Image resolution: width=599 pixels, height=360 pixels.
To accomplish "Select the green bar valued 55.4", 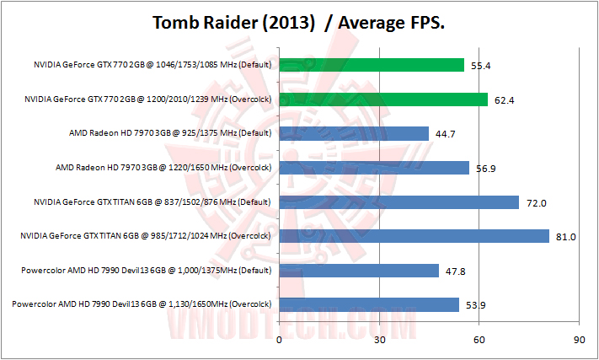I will pyautogui.click(x=372, y=65).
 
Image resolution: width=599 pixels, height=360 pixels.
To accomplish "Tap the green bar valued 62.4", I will pyautogui.click(x=383, y=99).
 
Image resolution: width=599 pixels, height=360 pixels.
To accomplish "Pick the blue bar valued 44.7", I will pyautogui.click(x=354, y=133).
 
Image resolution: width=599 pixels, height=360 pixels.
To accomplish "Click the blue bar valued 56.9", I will pyautogui.click(x=374, y=168).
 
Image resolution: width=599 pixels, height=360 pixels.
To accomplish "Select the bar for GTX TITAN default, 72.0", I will pyautogui.click(x=399, y=202).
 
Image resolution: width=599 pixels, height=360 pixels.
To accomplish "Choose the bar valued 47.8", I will pyautogui.click(x=359, y=271).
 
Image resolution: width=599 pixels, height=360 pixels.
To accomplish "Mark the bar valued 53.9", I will pyautogui.click(x=369, y=304).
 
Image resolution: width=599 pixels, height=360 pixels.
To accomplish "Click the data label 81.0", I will pyautogui.click(x=565, y=237).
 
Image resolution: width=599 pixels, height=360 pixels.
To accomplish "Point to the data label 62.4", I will pyautogui.click(x=504, y=99).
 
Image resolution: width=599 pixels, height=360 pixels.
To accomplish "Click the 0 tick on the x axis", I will pyautogui.click(x=279, y=340).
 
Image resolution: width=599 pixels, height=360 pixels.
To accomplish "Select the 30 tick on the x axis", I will pyautogui.click(x=379, y=340).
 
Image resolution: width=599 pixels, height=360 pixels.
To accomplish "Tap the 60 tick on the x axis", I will pyautogui.click(x=479, y=340).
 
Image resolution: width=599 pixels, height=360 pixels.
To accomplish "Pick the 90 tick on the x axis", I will pyautogui.click(x=579, y=340).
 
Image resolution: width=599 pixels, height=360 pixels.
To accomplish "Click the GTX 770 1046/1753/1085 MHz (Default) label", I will pyautogui.click(x=152, y=65).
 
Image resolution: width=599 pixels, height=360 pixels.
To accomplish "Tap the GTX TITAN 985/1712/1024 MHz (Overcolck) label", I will pyautogui.click(x=145, y=236).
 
